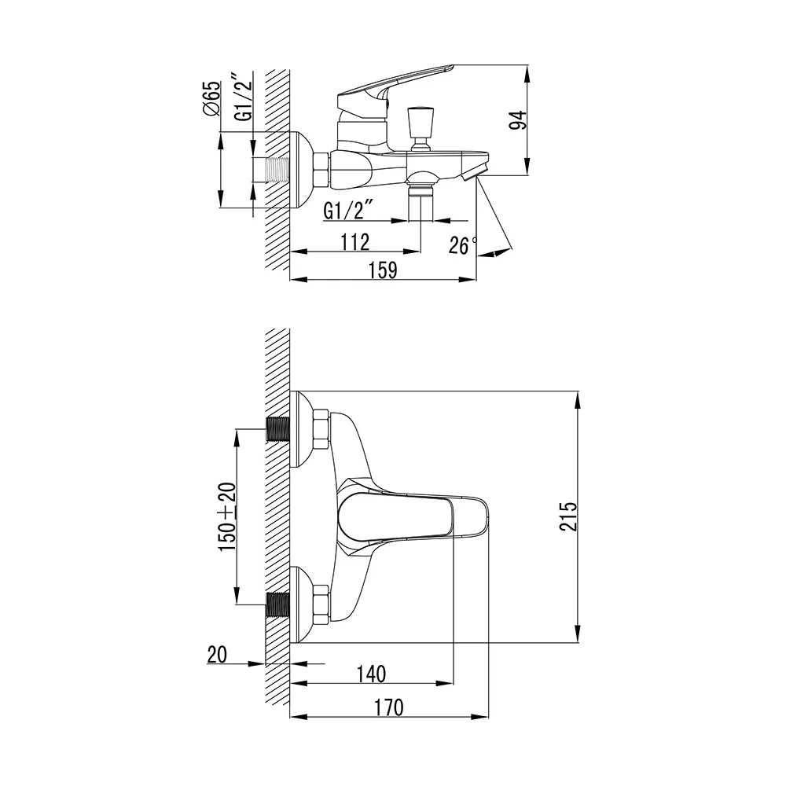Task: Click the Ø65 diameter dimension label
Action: pos(212,98)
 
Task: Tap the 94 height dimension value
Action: pos(518,120)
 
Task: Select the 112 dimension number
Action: pos(355,242)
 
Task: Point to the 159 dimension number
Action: pos(383,270)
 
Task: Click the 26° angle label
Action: pos(463,245)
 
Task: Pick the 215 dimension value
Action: pos(568,516)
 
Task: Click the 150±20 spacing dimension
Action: pos(227,517)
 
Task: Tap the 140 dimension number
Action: pos(371,674)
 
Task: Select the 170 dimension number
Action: pos(388,708)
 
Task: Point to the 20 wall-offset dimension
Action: pos(217,655)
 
